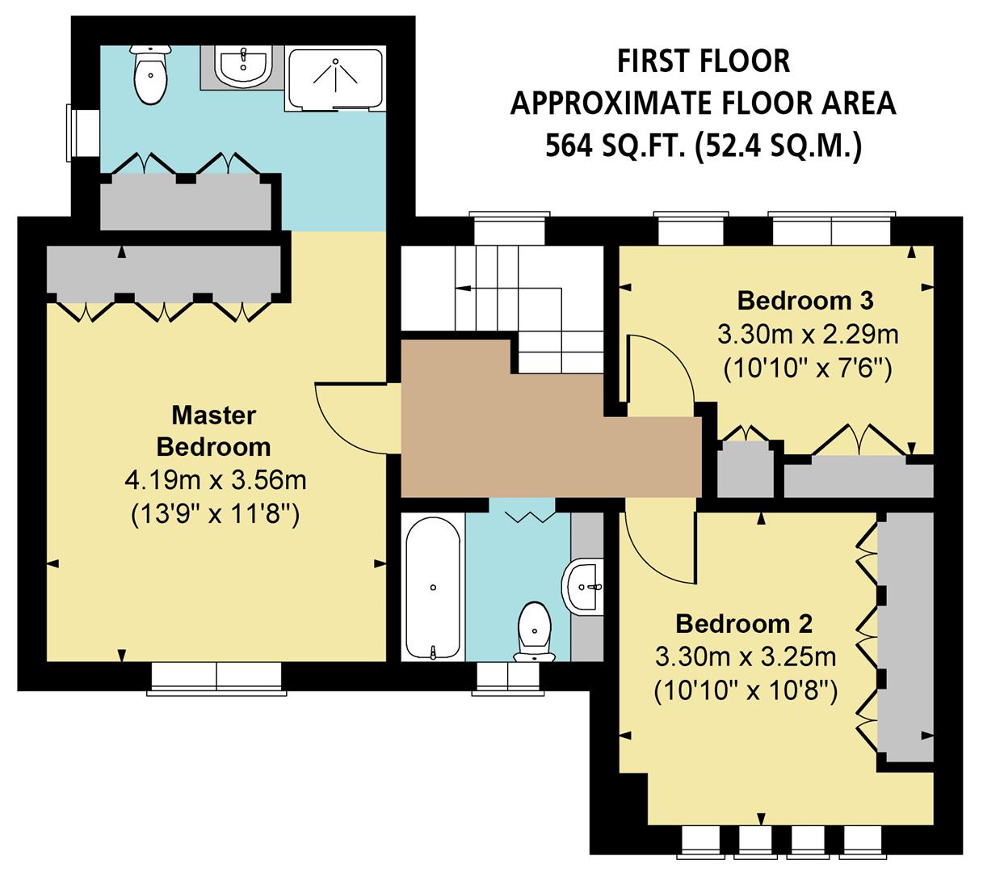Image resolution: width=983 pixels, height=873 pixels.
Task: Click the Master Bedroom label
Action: [x=213, y=431]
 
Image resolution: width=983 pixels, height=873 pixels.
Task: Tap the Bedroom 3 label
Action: [x=804, y=301]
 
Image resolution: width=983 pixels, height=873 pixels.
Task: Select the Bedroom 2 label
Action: [x=743, y=624]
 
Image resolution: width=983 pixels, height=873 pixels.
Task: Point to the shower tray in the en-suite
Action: [x=334, y=78]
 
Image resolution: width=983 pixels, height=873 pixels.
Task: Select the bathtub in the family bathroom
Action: [x=433, y=587]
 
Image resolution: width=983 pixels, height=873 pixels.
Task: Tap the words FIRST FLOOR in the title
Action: [x=703, y=61]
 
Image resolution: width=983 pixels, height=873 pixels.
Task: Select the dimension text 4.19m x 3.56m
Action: [x=215, y=481]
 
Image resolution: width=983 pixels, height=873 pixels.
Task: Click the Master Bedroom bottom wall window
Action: [x=216, y=677]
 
